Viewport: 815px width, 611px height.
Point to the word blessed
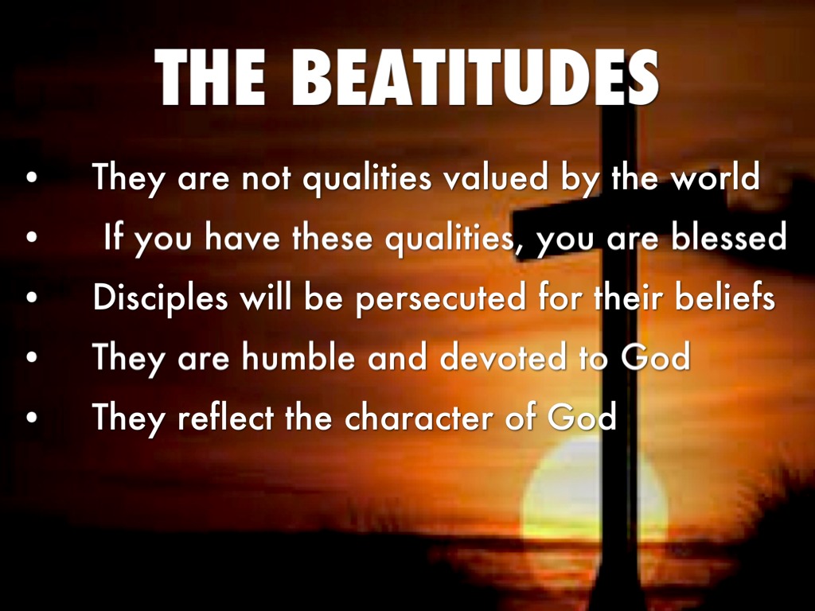click(x=729, y=237)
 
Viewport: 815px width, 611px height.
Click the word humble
click(x=298, y=356)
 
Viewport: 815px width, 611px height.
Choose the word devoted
click(x=503, y=356)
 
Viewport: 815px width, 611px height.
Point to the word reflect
click(x=225, y=416)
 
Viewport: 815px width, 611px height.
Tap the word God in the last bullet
click(x=582, y=416)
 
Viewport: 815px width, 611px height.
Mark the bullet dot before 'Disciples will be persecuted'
click(x=32, y=298)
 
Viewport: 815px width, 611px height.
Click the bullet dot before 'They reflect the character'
click(x=32, y=417)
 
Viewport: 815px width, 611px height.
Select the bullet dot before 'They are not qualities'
click(x=32, y=177)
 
